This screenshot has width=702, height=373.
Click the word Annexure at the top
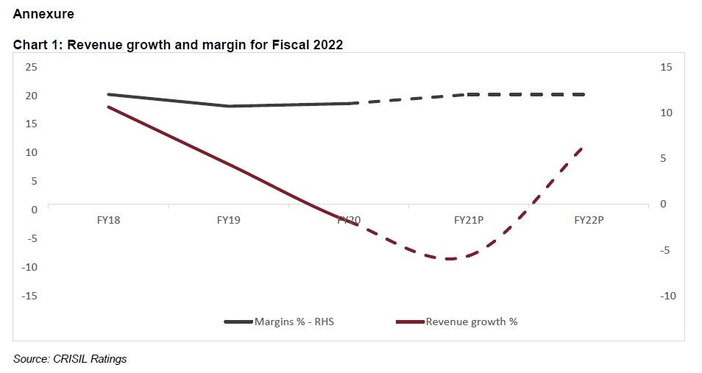(43, 14)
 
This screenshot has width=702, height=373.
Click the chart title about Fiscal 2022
(178, 45)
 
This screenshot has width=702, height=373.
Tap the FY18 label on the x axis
(108, 219)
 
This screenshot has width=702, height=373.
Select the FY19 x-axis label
(229, 219)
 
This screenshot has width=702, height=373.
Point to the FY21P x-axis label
(468, 219)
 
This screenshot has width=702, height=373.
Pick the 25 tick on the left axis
(31, 67)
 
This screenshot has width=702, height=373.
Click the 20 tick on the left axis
(31, 96)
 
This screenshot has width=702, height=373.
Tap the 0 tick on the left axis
(34, 210)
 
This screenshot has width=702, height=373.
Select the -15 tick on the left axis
(29, 296)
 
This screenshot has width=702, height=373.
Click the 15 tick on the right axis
(667, 67)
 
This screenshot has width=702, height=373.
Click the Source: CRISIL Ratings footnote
(70, 359)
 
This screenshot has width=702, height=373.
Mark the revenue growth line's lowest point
(447, 259)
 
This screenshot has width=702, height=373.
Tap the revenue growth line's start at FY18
(108, 107)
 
